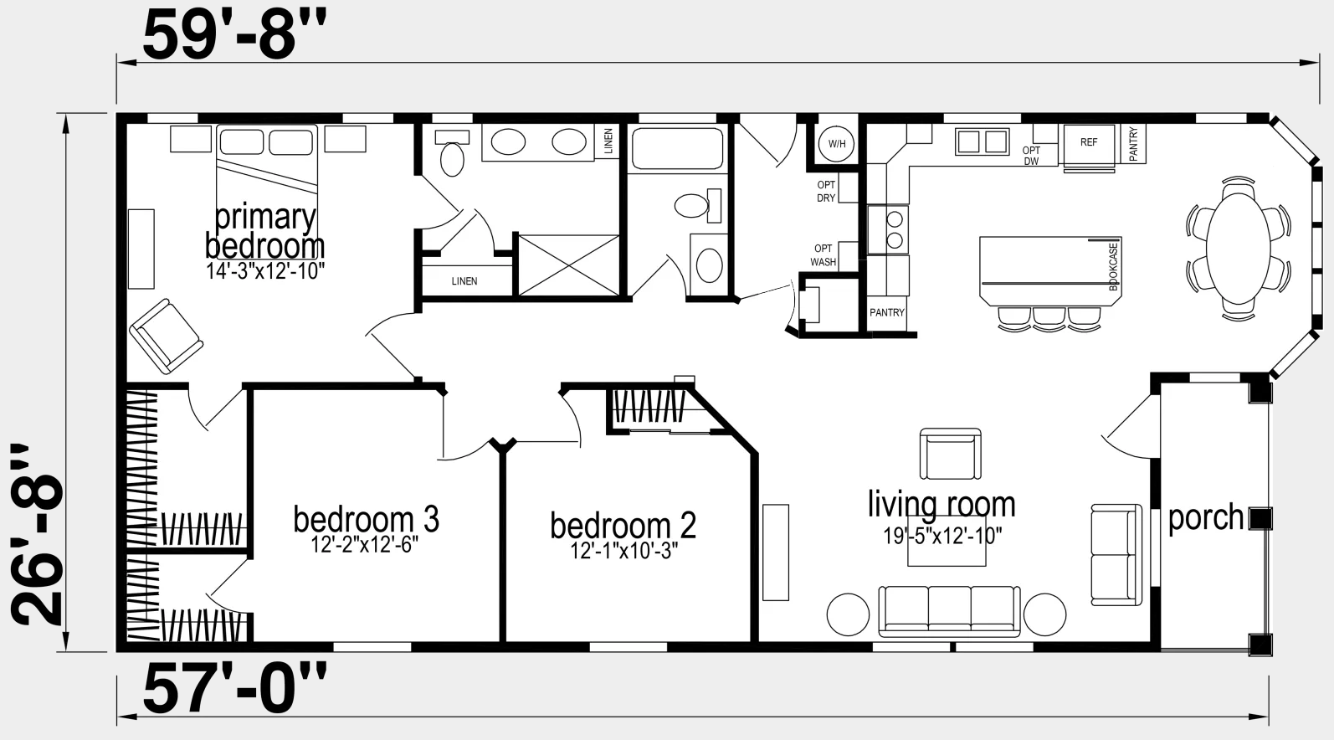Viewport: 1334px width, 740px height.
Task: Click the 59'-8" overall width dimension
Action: pos(234,36)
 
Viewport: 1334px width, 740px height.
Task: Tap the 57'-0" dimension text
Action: pos(234,689)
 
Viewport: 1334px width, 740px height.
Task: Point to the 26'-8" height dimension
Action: pos(37,535)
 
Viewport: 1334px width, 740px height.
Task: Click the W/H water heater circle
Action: pos(836,144)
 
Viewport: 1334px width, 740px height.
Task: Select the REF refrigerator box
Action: pos(1089,146)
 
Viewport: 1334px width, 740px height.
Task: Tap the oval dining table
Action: pos(1238,248)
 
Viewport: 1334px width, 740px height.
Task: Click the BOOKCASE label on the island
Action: pos(1113,266)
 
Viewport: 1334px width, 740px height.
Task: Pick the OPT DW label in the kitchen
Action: pos(1031,156)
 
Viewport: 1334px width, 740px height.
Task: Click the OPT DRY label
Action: pos(826,191)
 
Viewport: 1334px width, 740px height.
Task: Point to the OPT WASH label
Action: pos(823,255)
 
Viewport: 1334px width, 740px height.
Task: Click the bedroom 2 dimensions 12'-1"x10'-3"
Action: pos(624,551)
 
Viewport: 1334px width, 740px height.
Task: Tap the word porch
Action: pos(1206,517)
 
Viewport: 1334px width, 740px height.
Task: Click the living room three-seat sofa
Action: pos(949,611)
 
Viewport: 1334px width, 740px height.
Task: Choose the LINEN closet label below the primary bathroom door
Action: pos(464,281)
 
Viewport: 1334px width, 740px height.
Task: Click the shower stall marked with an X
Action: pos(569,265)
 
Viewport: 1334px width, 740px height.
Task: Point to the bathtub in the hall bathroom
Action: pos(678,148)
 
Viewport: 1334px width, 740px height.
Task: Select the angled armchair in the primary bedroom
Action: pos(167,337)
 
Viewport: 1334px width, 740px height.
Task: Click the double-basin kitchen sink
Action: pos(982,141)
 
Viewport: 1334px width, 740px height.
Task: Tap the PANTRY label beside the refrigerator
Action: pos(1133,144)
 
